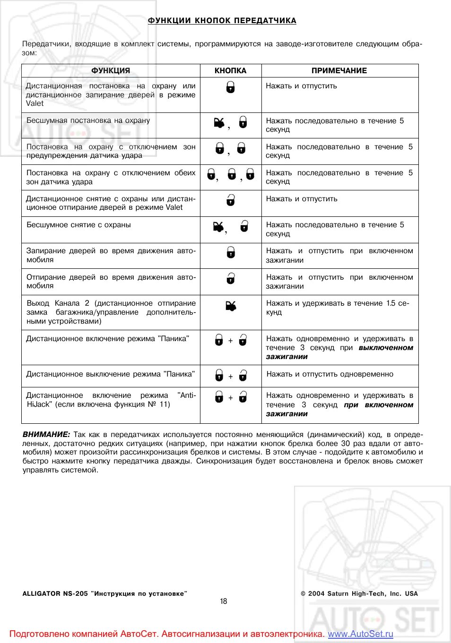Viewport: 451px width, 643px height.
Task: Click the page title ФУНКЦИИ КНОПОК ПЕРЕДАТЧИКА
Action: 222,21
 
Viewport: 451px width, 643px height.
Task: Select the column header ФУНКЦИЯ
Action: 111,71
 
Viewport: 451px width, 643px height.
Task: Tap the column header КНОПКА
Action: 230,71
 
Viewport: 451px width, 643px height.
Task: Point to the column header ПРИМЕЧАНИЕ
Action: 339,71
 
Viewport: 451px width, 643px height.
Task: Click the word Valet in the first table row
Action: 35,103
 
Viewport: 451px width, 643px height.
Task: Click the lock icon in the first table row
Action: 230,87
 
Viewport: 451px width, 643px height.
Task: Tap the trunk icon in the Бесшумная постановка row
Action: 219,123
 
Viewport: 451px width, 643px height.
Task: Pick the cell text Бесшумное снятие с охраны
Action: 78,225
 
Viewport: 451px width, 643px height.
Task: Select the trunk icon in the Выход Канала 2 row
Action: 231,306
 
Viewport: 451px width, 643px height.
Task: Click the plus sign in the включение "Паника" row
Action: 231,341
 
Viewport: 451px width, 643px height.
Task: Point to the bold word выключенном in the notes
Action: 386,348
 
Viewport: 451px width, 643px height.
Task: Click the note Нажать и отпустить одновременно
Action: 330,374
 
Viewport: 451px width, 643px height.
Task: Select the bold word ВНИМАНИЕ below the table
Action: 46,435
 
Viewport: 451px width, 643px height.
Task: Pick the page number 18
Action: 224,601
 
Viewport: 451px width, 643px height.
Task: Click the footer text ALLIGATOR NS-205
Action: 55,594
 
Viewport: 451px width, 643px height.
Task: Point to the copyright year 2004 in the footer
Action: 316,594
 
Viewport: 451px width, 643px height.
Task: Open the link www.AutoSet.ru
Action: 360,634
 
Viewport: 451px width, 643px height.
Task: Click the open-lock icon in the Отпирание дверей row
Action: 230,279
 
